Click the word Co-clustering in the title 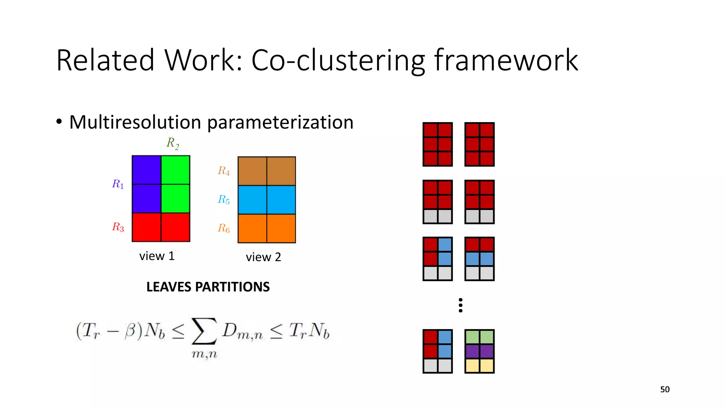click(338, 61)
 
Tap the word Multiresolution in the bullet click(135, 122)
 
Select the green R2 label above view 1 click(173, 143)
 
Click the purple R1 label click(118, 184)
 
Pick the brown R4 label click(224, 171)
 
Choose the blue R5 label click(224, 200)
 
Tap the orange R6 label click(224, 228)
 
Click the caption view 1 click(157, 256)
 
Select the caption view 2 click(263, 257)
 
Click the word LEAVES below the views click(169, 287)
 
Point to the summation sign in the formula click(204, 331)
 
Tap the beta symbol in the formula click(130, 331)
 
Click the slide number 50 click(665, 390)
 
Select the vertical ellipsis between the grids click(461, 305)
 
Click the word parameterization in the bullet click(280, 123)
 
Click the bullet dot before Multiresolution click(59, 122)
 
